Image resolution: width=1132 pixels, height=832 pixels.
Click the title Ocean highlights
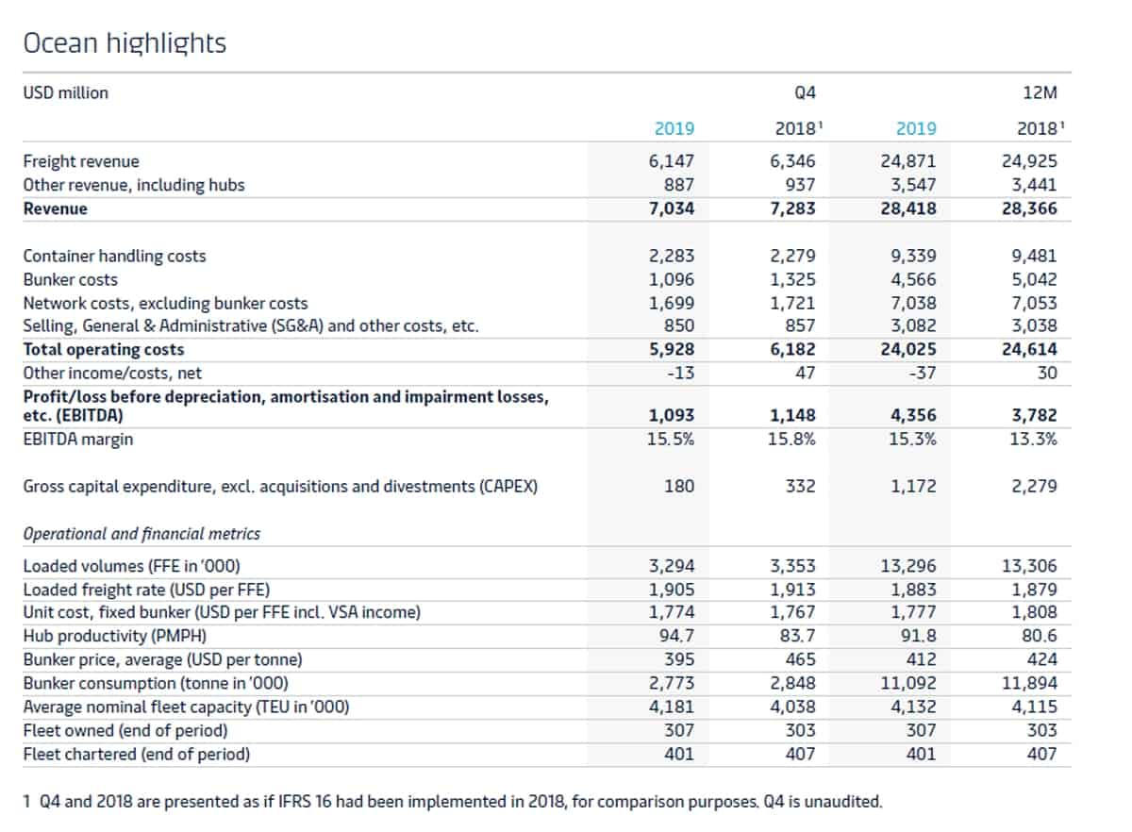click(x=125, y=43)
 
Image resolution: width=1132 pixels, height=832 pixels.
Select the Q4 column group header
click(x=805, y=93)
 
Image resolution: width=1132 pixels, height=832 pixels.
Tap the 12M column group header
click(x=1040, y=93)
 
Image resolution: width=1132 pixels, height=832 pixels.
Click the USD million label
click(x=66, y=93)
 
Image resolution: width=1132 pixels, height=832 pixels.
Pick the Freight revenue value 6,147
click(x=671, y=161)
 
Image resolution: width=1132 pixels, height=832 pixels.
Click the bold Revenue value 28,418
click(x=908, y=208)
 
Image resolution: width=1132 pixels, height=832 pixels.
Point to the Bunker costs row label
click(x=70, y=279)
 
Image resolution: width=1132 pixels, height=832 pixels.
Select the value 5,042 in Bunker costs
click(x=1034, y=279)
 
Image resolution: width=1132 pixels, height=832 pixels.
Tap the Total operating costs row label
click(x=104, y=349)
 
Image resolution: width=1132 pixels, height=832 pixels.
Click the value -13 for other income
click(x=680, y=373)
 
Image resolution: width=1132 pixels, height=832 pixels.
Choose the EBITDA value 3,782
click(x=1034, y=415)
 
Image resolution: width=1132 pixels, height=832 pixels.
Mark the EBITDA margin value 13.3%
click(x=1033, y=439)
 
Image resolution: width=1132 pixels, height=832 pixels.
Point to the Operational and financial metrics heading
click(x=141, y=534)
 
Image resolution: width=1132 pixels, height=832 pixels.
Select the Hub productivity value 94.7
click(x=676, y=636)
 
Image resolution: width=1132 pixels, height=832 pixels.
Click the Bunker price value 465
click(x=801, y=659)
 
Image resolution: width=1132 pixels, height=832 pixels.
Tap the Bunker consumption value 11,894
click(x=1029, y=683)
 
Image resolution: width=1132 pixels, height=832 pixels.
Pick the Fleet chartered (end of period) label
click(x=137, y=754)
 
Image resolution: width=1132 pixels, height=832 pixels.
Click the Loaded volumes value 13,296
click(x=908, y=566)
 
